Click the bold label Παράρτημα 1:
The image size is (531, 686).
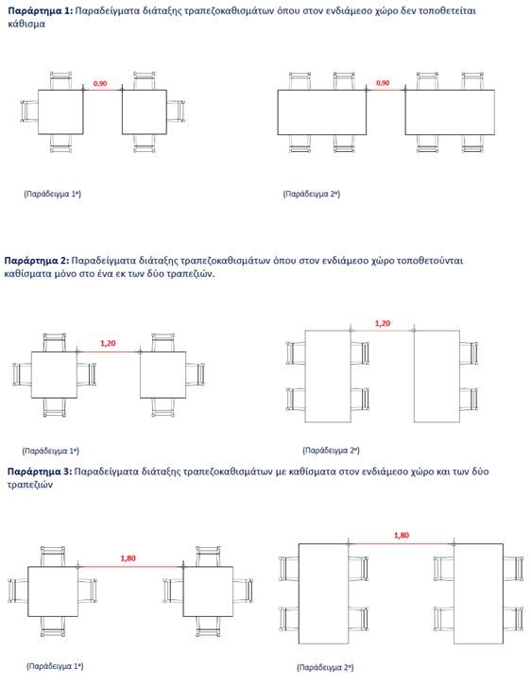[x=41, y=11]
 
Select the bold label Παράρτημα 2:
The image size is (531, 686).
[x=37, y=261]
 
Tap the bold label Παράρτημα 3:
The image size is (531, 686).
[x=40, y=472]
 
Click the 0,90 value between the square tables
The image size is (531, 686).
[x=100, y=83]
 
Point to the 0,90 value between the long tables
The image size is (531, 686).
[x=383, y=83]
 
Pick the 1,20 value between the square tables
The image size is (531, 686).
[x=108, y=343]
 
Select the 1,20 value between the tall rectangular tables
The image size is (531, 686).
[x=383, y=323]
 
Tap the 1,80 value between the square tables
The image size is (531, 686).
[x=128, y=558]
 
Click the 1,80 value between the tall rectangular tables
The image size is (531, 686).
[x=402, y=535]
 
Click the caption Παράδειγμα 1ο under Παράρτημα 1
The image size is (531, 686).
[x=53, y=194]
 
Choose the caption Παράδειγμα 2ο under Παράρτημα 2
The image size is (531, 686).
[x=331, y=450]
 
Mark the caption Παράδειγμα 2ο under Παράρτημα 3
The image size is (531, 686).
[x=325, y=667]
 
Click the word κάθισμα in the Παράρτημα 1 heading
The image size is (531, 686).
[x=26, y=24]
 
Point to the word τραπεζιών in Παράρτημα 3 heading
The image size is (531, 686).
[x=29, y=485]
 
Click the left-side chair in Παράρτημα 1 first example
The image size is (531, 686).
[x=29, y=111]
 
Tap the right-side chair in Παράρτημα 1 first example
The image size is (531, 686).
[x=176, y=111]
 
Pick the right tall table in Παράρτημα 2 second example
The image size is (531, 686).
[x=437, y=376]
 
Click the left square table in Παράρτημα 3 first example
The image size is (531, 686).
[x=53, y=592]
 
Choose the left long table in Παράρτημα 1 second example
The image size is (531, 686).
[x=322, y=112]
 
